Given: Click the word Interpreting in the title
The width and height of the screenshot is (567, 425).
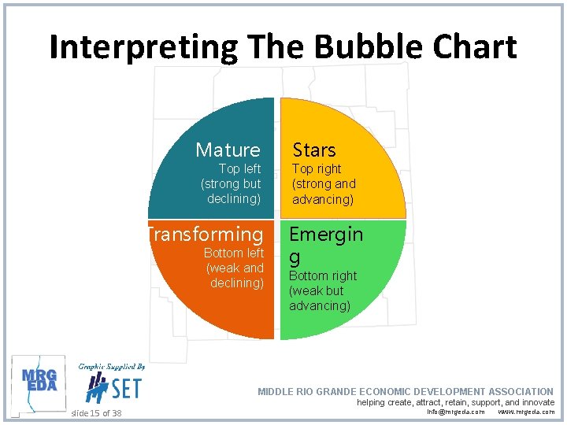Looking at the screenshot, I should click(x=143, y=47).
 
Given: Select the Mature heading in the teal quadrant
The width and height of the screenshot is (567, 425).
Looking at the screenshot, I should click(x=228, y=150).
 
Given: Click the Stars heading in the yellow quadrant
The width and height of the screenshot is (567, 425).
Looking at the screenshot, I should click(x=314, y=150).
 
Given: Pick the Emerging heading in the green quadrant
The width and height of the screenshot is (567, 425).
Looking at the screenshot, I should click(x=325, y=244).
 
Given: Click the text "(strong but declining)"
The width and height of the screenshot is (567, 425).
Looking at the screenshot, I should click(x=231, y=191).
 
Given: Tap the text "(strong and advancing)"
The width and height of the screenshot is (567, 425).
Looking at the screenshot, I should click(x=324, y=191).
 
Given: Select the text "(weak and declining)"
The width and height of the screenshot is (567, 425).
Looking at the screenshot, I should click(x=235, y=275).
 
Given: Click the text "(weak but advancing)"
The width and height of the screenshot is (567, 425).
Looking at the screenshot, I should click(x=321, y=298).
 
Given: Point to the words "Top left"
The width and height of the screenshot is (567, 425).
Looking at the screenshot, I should click(x=239, y=169).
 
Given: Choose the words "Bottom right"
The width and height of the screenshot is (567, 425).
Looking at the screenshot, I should click(x=322, y=276).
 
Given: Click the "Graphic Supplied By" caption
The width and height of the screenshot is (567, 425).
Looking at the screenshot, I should click(x=111, y=367).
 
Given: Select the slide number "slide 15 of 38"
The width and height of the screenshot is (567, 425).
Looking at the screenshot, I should click(x=96, y=413).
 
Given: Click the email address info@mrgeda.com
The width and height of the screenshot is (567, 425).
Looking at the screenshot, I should click(x=456, y=412).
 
